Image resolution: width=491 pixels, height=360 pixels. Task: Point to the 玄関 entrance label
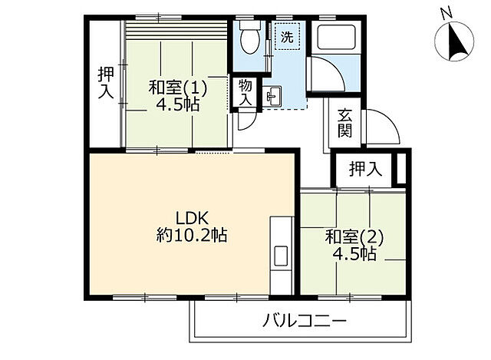click(x=344, y=124)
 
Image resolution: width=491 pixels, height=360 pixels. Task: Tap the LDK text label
click(x=190, y=217)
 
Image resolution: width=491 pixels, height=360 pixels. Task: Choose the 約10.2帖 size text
click(x=190, y=236)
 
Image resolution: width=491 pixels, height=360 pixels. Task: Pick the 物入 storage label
click(x=245, y=93)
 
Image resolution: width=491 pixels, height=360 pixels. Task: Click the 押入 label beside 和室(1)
click(x=105, y=83)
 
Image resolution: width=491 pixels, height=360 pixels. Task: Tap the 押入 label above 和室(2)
click(x=364, y=170)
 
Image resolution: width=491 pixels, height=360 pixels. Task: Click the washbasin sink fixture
click(x=274, y=97)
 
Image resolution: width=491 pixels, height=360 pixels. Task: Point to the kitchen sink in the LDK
click(x=279, y=256)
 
